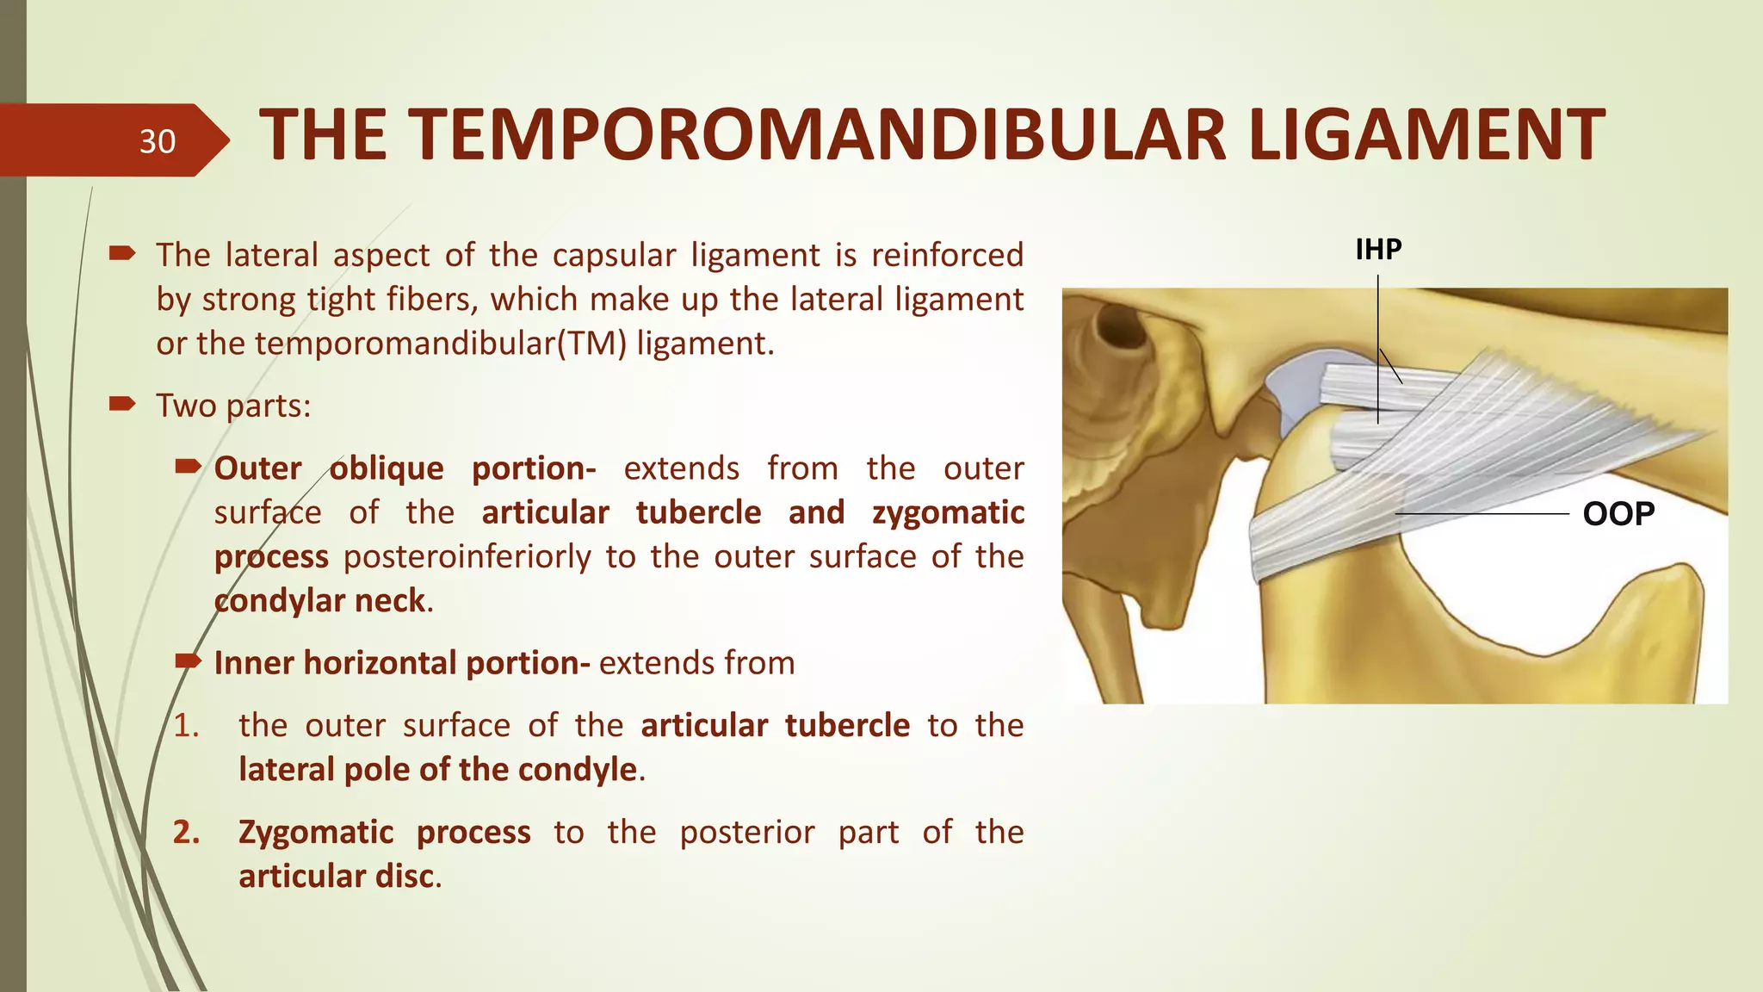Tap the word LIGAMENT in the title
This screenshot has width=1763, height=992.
(x=1426, y=135)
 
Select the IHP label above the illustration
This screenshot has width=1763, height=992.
(x=1378, y=250)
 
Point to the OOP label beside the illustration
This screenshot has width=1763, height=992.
(x=1618, y=514)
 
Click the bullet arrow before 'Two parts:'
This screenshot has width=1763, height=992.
(x=122, y=404)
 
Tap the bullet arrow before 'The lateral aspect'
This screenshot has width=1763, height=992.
(x=122, y=253)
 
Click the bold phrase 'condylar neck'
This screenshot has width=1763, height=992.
(x=319, y=601)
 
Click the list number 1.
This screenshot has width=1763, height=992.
(x=186, y=726)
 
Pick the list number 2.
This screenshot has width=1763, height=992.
(x=186, y=833)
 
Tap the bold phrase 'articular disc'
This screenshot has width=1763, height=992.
(x=337, y=877)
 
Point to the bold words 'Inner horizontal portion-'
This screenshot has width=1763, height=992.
(x=401, y=663)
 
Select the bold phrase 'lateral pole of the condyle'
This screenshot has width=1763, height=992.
(x=438, y=770)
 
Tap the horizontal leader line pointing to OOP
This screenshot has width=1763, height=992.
(x=1481, y=514)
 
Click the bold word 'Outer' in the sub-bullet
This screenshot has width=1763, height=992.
(x=257, y=468)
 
